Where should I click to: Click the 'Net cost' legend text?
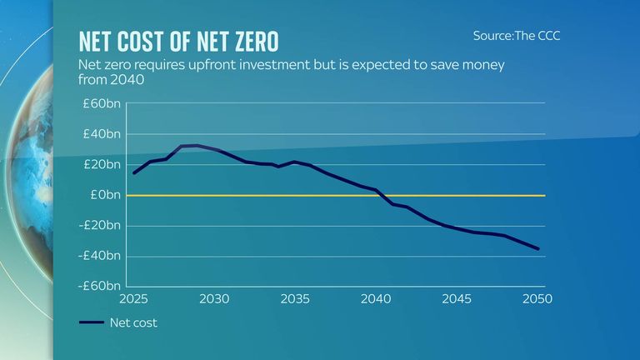133,322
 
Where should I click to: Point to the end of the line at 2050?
537,248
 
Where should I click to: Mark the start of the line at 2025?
134,172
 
